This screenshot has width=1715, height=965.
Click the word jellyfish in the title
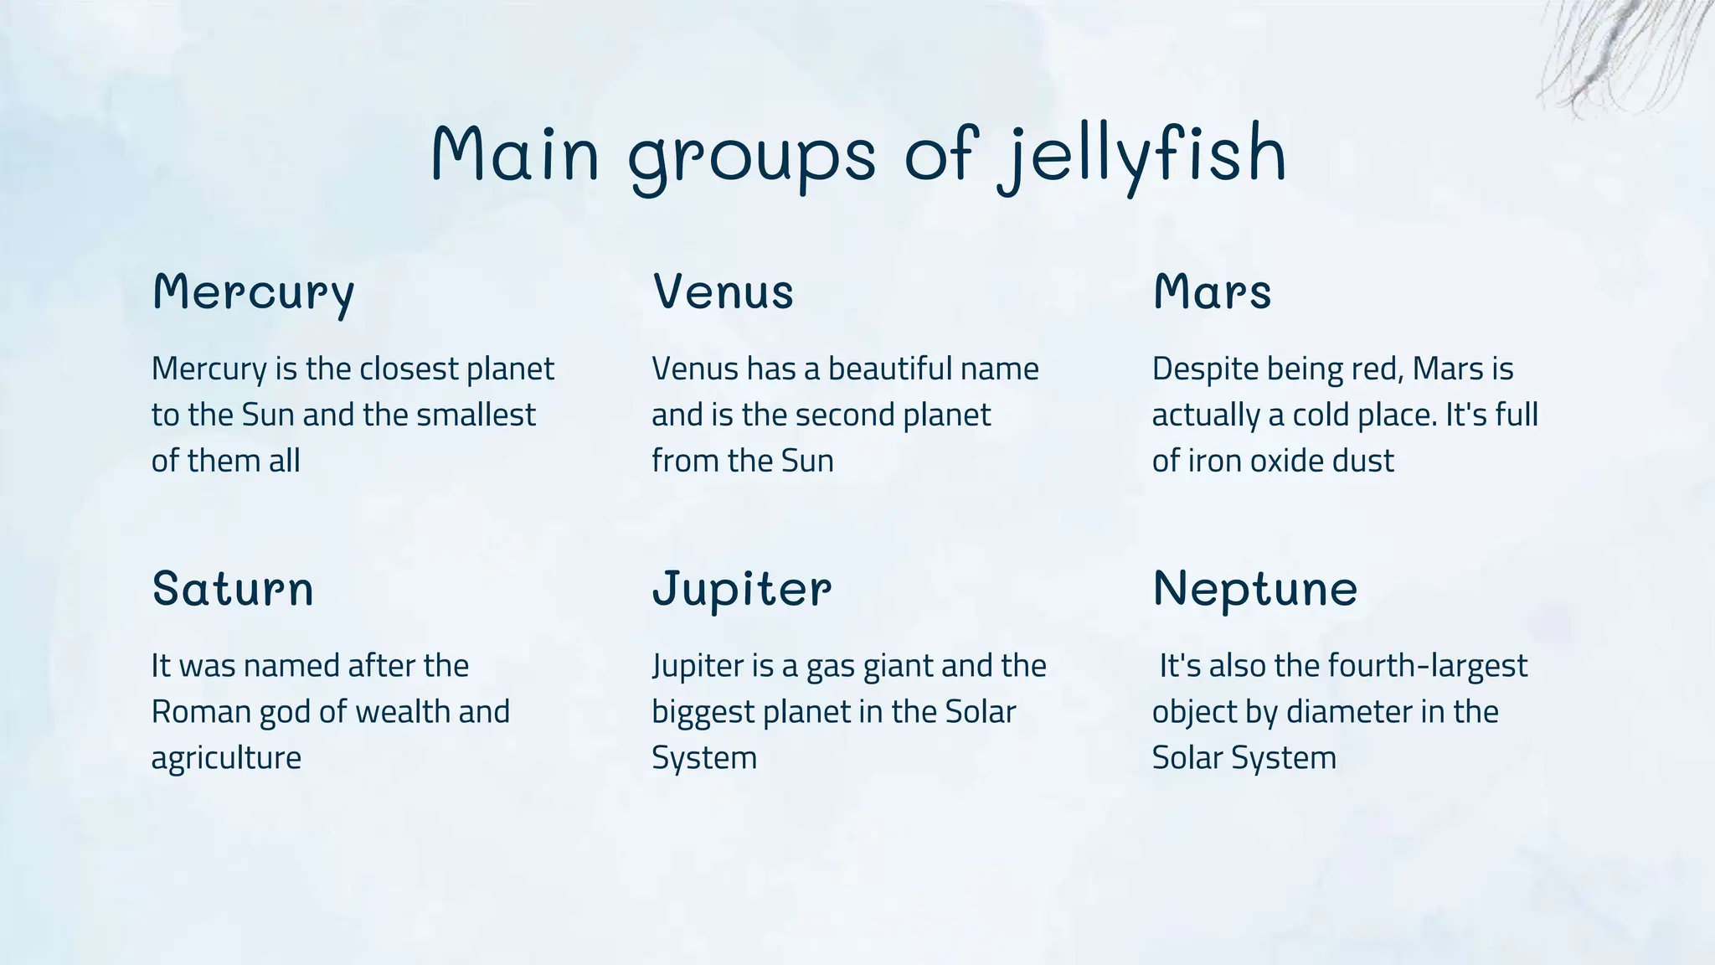(1142, 156)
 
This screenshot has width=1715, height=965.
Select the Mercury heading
(254, 293)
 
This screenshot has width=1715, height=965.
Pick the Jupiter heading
(742, 590)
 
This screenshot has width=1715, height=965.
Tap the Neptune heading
(1254, 590)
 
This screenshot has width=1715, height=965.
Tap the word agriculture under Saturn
(226, 759)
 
